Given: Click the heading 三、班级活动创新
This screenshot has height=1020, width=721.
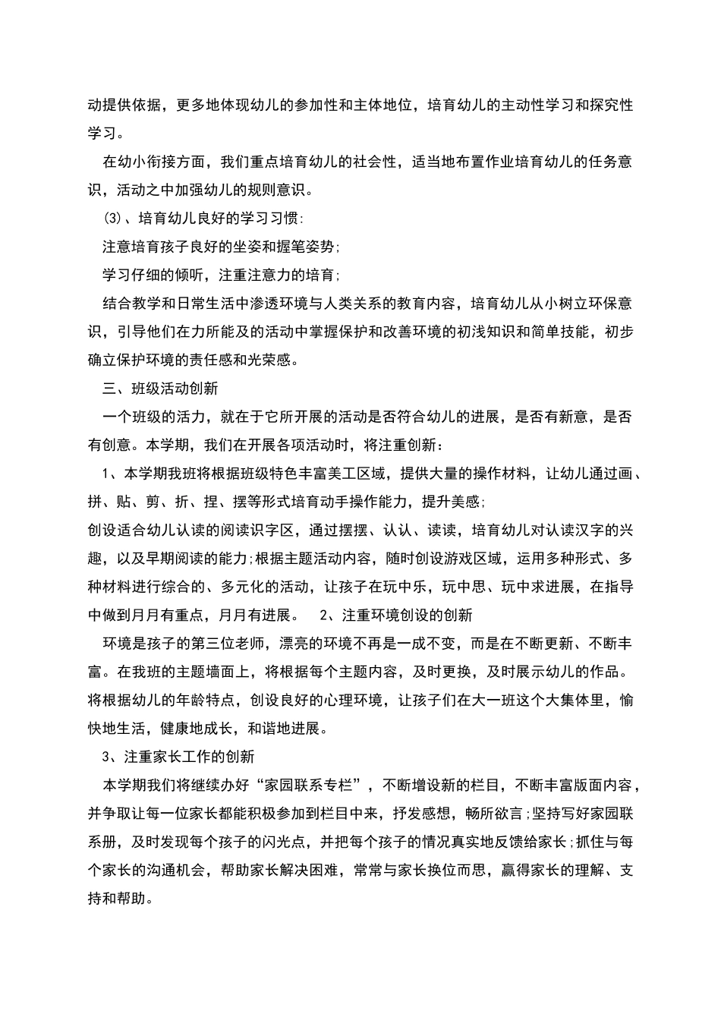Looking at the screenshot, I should point(160,388).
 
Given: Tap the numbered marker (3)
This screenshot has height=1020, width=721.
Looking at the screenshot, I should point(112,219).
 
